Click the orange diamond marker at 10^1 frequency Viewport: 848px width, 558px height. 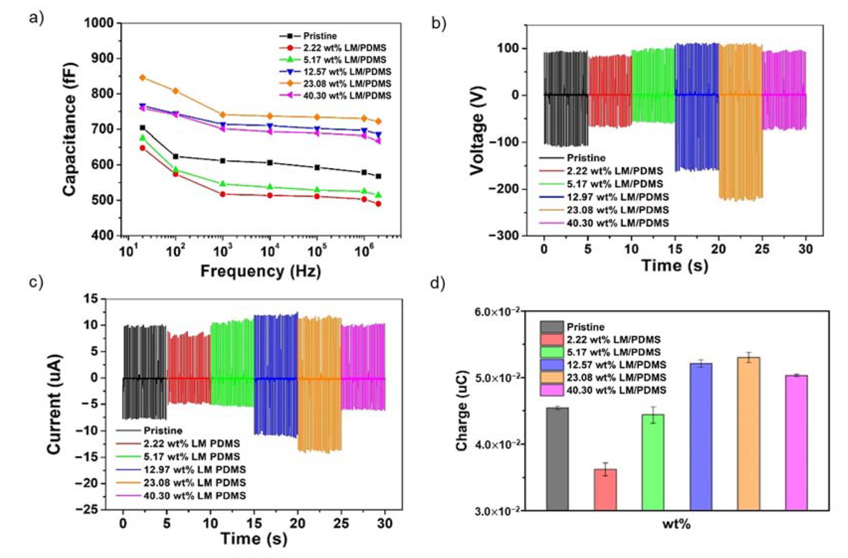pyautogui.click(x=143, y=77)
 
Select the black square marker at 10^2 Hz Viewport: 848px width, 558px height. pyautogui.click(x=175, y=156)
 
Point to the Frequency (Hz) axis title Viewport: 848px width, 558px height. pyautogui.click(x=261, y=271)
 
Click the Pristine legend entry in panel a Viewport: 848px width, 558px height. pyautogui.click(x=319, y=36)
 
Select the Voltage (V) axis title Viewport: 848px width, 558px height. pyautogui.click(x=477, y=130)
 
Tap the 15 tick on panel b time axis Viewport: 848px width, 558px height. pyautogui.click(x=675, y=249)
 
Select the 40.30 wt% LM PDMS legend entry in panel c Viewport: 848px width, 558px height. pyautogui.click(x=195, y=496)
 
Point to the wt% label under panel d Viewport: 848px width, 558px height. pyautogui.click(x=677, y=524)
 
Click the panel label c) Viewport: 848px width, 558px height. pyautogui.click(x=36, y=282)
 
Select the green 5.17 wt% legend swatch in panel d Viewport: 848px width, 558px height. pyautogui.click(x=552, y=352)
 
